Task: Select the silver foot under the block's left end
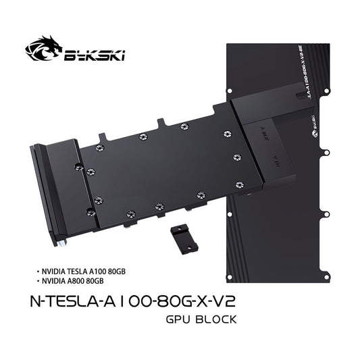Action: (x=61, y=241)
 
